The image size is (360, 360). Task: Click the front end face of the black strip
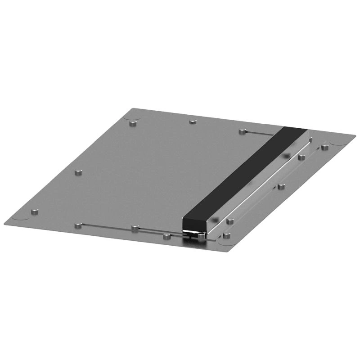tap(195, 224)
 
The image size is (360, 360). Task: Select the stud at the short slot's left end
tap(243, 131)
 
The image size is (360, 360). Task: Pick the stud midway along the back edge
tap(193, 121)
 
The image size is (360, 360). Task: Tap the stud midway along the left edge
tap(78, 172)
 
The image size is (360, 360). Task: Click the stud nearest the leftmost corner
tap(34, 211)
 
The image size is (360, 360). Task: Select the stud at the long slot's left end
tap(78, 225)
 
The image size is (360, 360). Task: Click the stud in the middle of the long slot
tap(135, 228)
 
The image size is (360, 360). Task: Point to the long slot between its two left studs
tap(106, 226)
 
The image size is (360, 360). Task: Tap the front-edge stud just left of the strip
tap(166, 236)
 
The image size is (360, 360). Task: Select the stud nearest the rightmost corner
tap(324, 147)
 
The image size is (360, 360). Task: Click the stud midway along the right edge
tap(281, 186)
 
